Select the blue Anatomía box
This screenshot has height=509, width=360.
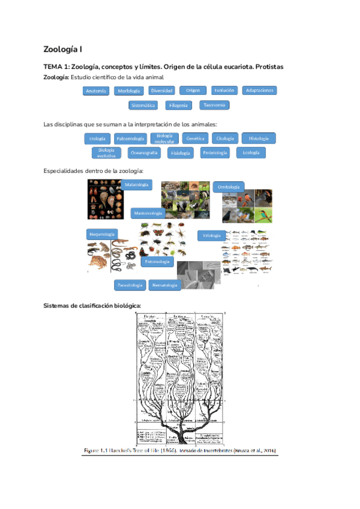pyautogui.click(x=96, y=91)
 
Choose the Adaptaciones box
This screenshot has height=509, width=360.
pyautogui.click(x=260, y=91)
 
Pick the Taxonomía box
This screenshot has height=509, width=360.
pyautogui.click(x=214, y=105)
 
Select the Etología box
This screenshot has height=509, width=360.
pyautogui.click(x=97, y=138)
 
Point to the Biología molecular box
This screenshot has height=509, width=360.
pyautogui.click(x=164, y=139)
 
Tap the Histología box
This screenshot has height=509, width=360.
pyautogui.click(x=259, y=138)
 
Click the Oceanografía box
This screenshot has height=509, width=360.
pyautogui.click(x=144, y=153)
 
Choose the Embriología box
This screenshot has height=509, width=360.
pyautogui.click(x=215, y=153)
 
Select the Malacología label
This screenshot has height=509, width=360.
pyautogui.click(x=137, y=185)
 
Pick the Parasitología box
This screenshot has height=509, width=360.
pyautogui.click(x=129, y=285)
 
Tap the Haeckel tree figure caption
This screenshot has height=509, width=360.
pyautogui.click(x=180, y=450)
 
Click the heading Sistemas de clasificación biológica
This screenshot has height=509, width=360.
pyautogui.click(x=92, y=306)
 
